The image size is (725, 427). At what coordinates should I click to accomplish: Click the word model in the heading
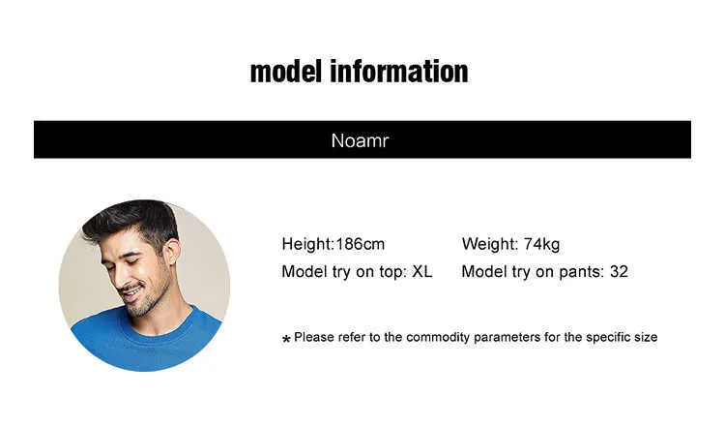pos(285,72)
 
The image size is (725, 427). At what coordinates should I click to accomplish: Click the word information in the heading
pos(399,72)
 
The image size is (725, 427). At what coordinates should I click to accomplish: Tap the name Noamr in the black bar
pos(361,140)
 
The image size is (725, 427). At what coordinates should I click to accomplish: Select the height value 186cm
pos(361,244)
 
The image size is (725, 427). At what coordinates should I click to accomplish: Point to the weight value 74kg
pos(541,244)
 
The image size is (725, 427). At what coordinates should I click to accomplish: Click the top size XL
pos(422,271)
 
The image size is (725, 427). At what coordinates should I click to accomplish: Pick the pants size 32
pos(619,271)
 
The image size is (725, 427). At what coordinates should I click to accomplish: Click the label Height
pos(307,244)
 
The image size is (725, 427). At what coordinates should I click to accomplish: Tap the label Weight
pos(490,244)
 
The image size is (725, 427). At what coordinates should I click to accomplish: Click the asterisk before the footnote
pos(286,340)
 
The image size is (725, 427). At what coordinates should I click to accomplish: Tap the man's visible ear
pos(170,252)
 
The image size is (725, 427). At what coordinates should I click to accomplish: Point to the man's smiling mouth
pos(131,290)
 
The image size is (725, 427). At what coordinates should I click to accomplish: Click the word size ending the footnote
pos(646,337)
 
